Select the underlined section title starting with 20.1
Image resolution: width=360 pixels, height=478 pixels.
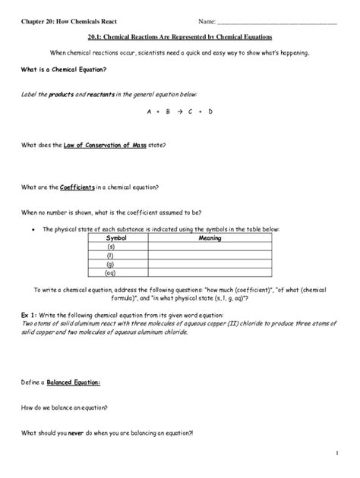click(180, 36)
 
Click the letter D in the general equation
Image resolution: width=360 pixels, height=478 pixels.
click(210, 112)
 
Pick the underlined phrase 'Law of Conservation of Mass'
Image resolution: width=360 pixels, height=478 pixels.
click(105, 145)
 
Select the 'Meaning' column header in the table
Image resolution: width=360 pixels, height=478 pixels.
click(210, 238)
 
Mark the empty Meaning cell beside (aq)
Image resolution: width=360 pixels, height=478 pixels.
click(210, 274)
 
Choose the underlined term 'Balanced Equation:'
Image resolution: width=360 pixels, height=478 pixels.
click(74, 383)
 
